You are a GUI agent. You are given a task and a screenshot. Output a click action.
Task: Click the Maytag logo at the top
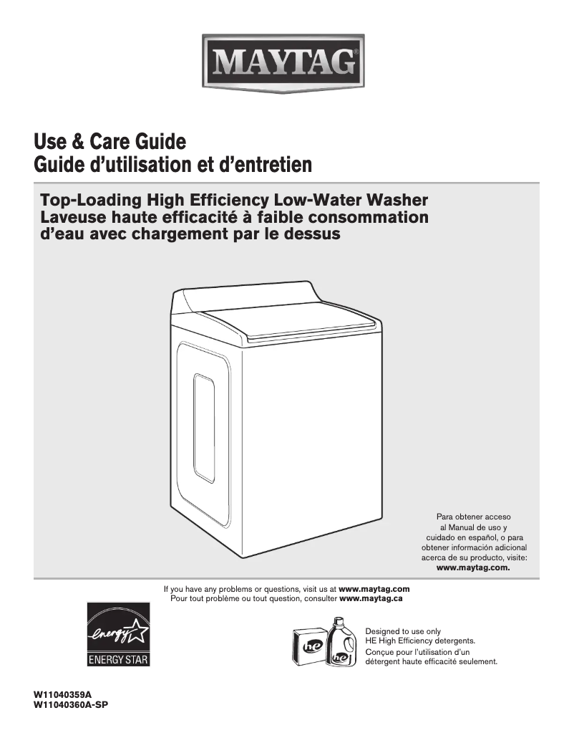[x=286, y=63]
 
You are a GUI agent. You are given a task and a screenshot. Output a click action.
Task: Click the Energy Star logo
[x=119, y=635]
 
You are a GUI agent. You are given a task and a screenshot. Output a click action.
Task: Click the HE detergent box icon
[x=309, y=645]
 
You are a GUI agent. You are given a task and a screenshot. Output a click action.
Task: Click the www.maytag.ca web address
[x=371, y=598]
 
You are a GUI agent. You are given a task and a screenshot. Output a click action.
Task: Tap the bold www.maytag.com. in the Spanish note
[x=473, y=567]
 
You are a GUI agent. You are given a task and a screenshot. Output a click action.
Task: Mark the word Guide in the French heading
[x=58, y=165]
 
